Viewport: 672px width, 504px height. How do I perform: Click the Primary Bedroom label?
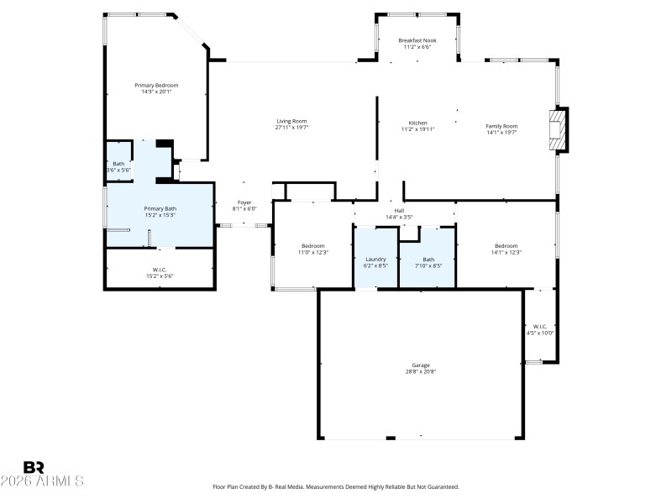157,85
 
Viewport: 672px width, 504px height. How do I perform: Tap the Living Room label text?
291,121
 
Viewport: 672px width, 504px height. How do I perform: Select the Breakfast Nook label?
417,39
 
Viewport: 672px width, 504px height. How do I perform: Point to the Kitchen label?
417,123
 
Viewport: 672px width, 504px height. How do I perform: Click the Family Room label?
501,126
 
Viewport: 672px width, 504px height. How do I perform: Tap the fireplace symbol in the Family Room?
558,129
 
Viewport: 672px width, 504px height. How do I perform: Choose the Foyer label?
244,202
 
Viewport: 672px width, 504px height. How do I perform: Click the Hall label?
400,211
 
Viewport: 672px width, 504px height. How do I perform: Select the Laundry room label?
375,259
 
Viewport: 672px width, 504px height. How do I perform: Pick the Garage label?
421,365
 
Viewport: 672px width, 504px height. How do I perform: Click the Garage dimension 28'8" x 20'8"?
421,371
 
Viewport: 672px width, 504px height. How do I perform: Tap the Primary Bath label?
160,208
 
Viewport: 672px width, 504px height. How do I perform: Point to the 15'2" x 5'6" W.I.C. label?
160,276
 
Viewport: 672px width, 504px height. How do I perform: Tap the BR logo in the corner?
34,467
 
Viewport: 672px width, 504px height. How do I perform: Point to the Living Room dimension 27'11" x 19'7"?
291,128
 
